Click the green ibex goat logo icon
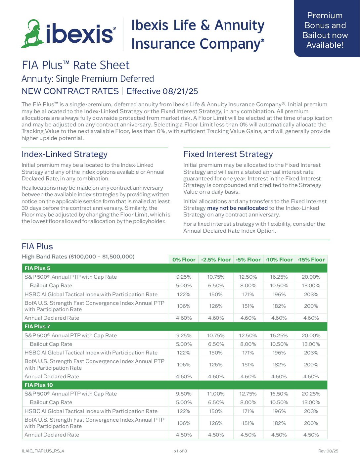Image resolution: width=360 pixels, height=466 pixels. click(32, 34)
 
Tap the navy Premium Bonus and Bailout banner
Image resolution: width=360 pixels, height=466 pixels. click(325, 30)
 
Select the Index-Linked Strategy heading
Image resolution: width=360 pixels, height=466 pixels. click(65, 154)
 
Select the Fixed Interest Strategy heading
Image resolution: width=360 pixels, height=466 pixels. click(228, 154)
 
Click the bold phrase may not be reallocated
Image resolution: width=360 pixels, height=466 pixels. click(237, 208)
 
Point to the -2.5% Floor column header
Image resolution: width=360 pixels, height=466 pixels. click(216, 260)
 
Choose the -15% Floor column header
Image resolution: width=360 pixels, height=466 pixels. click(311, 260)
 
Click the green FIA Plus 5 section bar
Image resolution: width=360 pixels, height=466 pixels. click(174, 268)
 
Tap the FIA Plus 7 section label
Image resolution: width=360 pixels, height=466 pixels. click(37, 327)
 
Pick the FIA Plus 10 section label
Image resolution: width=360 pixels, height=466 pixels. click(39, 385)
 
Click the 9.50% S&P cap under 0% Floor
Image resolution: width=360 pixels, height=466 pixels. click(184, 394)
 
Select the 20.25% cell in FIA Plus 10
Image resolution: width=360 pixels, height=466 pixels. click(311, 394)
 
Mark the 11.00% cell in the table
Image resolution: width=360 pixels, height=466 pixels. click(216, 394)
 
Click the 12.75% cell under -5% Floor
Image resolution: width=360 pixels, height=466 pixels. click(248, 394)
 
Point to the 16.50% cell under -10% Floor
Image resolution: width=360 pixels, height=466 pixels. click(279, 394)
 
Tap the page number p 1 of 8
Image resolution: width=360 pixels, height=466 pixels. click(180, 451)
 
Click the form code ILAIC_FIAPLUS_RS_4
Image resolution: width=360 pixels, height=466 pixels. click(43, 451)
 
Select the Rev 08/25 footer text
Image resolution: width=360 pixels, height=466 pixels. click(328, 451)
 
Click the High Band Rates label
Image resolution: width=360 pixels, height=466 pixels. click(78, 257)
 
